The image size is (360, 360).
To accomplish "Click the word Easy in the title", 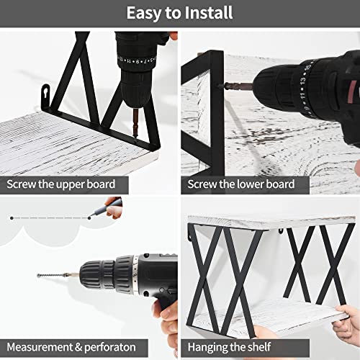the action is coord(143,14).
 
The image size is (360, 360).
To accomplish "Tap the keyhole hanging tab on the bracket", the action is coord(46,95).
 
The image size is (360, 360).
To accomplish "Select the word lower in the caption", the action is coord(250,184).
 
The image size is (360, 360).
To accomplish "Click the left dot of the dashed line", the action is coord(12,218).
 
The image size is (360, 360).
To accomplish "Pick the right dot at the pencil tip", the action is coord(89,218).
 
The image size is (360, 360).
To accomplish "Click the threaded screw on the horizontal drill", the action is coord(50,275).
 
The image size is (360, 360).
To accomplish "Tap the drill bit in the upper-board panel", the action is coord(135,123).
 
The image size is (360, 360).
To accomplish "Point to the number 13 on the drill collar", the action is coord(303,81).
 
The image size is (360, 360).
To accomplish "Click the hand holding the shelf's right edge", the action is coord(346,322).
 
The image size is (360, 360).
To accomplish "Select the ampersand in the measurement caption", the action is coord(78,347).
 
